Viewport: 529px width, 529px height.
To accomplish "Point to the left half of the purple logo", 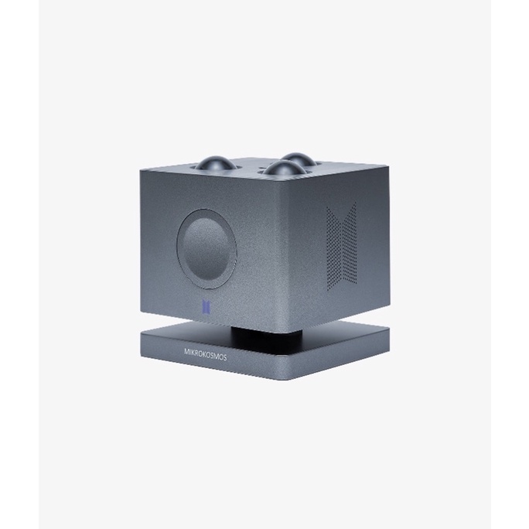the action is (x=203, y=306).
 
